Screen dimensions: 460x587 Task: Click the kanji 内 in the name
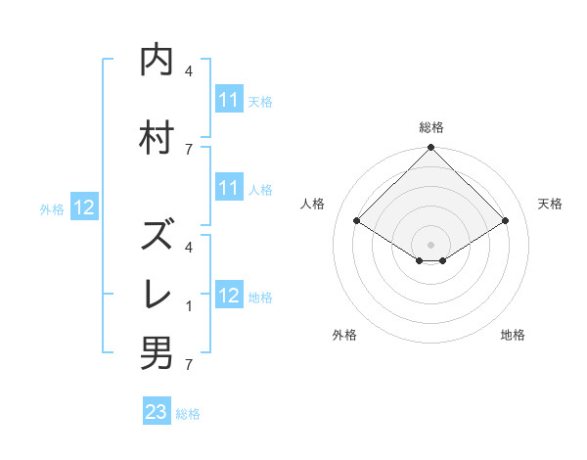[157, 62]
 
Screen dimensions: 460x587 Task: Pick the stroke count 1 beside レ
[189, 306]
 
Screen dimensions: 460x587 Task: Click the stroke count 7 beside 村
[189, 149]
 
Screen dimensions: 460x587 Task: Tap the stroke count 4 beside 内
[189, 71]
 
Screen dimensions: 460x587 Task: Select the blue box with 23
[157, 412]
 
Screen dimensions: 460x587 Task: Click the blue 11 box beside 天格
[229, 100]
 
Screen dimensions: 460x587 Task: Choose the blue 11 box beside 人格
[229, 188]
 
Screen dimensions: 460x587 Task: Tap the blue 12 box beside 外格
[84, 207]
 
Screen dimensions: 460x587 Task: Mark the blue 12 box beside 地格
[229, 296]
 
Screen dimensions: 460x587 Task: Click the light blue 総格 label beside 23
[188, 413]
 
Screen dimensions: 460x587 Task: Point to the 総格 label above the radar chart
[431, 127]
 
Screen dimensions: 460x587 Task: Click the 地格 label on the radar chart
[513, 335]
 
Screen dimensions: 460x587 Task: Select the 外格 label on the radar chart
[344, 335]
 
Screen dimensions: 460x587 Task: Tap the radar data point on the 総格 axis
[431, 148]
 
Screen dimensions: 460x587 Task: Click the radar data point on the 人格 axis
[357, 221]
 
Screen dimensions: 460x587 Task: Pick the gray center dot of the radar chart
[431, 244]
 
